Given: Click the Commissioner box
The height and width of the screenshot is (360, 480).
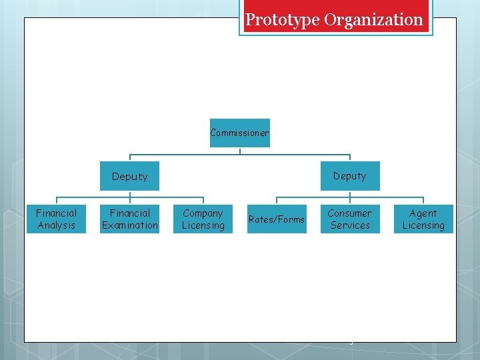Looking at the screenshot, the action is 240,133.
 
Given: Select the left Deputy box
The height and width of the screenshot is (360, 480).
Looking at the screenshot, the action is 130,176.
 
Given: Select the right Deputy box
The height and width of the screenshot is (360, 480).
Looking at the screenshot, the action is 350,176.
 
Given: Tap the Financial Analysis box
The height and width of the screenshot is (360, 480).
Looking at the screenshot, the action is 57,219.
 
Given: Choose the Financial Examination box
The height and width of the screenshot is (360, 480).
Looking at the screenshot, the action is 130,219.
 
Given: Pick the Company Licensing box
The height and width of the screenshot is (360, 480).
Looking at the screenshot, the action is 203,219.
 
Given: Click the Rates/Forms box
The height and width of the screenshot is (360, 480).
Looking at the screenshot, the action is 277,219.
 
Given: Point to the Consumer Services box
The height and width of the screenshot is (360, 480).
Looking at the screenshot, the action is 350,219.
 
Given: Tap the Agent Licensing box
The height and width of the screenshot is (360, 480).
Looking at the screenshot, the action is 423,219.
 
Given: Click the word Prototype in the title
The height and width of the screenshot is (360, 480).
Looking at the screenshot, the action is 283,20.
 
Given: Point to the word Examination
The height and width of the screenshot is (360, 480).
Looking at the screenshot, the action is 130,225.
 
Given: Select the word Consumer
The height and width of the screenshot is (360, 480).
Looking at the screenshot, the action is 350,213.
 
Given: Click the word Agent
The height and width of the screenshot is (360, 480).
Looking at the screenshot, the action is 423,213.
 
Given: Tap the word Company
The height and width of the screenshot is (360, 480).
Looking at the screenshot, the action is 203,213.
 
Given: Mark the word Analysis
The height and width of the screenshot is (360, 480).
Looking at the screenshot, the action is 57,225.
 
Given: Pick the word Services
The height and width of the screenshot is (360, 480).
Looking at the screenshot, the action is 350,225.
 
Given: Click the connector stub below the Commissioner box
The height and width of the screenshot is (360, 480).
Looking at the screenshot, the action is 240,151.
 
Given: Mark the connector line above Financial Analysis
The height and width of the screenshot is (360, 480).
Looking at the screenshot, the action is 57,200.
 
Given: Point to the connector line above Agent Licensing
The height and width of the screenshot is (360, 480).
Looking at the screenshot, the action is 423,200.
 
